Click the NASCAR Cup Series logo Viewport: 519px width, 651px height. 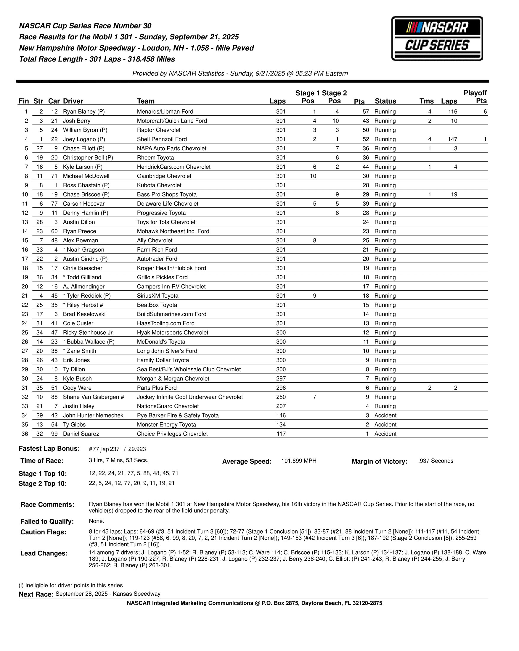click(x=437, y=38)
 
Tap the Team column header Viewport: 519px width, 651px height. click(x=146, y=101)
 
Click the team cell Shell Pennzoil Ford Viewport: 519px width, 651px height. click(x=162, y=139)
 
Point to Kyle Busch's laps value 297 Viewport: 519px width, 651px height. click(x=281, y=378)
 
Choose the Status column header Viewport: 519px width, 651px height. click(x=385, y=101)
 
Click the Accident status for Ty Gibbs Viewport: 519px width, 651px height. click(x=385, y=425)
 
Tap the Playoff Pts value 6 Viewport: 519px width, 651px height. click(x=485, y=112)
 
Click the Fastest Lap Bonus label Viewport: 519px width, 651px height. click(x=49, y=448)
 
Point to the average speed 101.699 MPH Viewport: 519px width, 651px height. click(x=298, y=461)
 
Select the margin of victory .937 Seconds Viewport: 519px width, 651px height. click(x=436, y=461)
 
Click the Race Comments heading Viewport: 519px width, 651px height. click(x=47, y=505)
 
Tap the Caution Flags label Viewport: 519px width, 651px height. click(x=43, y=532)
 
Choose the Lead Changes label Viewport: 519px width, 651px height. click(x=44, y=553)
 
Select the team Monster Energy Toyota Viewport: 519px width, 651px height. click(x=166, y=425)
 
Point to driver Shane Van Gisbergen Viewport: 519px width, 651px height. click(x=93, y=397)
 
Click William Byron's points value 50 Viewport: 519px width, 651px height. click(x=366, y=130)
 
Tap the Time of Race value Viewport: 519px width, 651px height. click(x=118, y=460)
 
